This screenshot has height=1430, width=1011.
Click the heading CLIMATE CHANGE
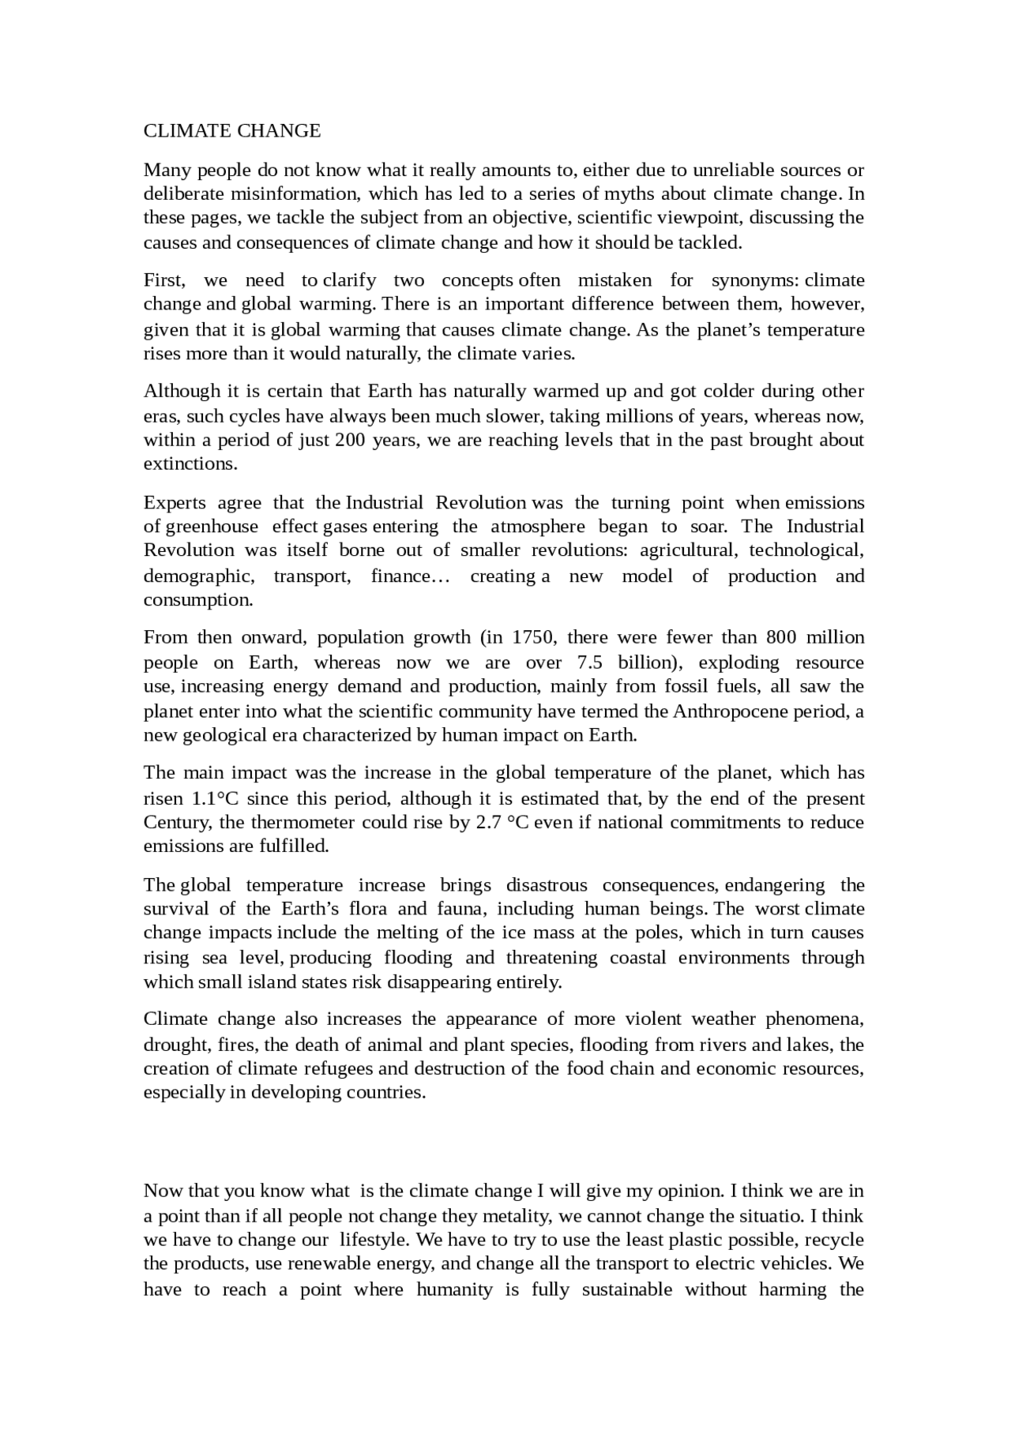pyautogui.click(x=232, y=131)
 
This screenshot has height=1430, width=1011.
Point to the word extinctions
pyautogui.click(x=190, y=464)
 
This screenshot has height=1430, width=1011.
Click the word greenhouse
pyautogui.click(x=212, y=527)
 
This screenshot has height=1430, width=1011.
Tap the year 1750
pyautogui.click(x=533, y=637)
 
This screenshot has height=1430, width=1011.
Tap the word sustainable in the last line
pyautogui.click(x=626, y=1290)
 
